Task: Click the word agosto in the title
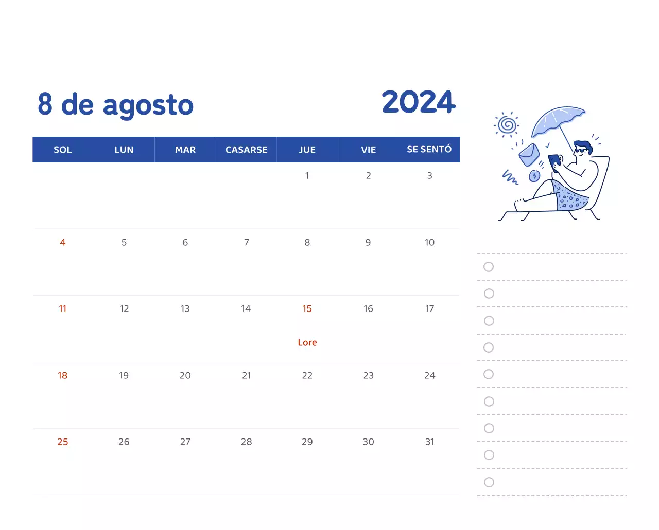click(148, 105)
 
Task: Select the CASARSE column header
click(246, 150)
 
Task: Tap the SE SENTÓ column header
click(429, 149)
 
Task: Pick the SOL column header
click(63, 150)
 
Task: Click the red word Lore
click(307, 342)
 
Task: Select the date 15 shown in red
click(307, 308)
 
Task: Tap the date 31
click(429, 442)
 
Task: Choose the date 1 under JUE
click(307, 175)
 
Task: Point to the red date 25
click(63, 442)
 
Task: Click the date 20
click(185, 375)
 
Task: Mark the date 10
click(429, 242)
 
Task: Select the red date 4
click(63, 242)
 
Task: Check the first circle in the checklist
click(489, 267)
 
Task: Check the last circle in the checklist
click(489, 482)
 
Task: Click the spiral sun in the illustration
click(508, 124)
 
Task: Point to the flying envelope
click(529, 154)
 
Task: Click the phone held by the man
click(554, 161)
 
